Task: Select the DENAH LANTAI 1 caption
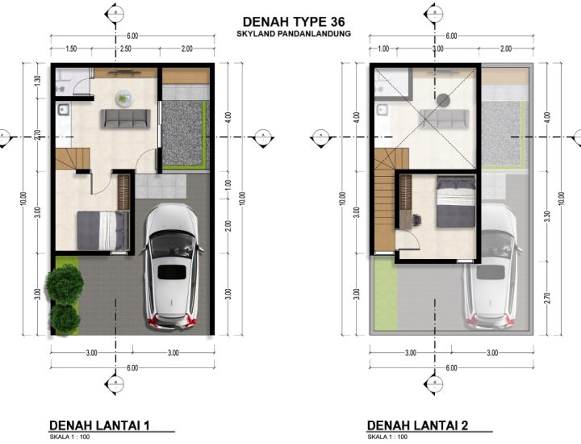(x=100, y=425)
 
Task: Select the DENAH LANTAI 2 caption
(x=417, y=425)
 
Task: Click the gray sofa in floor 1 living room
(x=125, y=119)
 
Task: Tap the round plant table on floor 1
(x=123, y=97)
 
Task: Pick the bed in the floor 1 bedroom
(x=103, y=231)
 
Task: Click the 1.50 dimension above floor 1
(x=71, y=49)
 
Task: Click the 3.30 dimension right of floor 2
(x=549, y=214)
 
